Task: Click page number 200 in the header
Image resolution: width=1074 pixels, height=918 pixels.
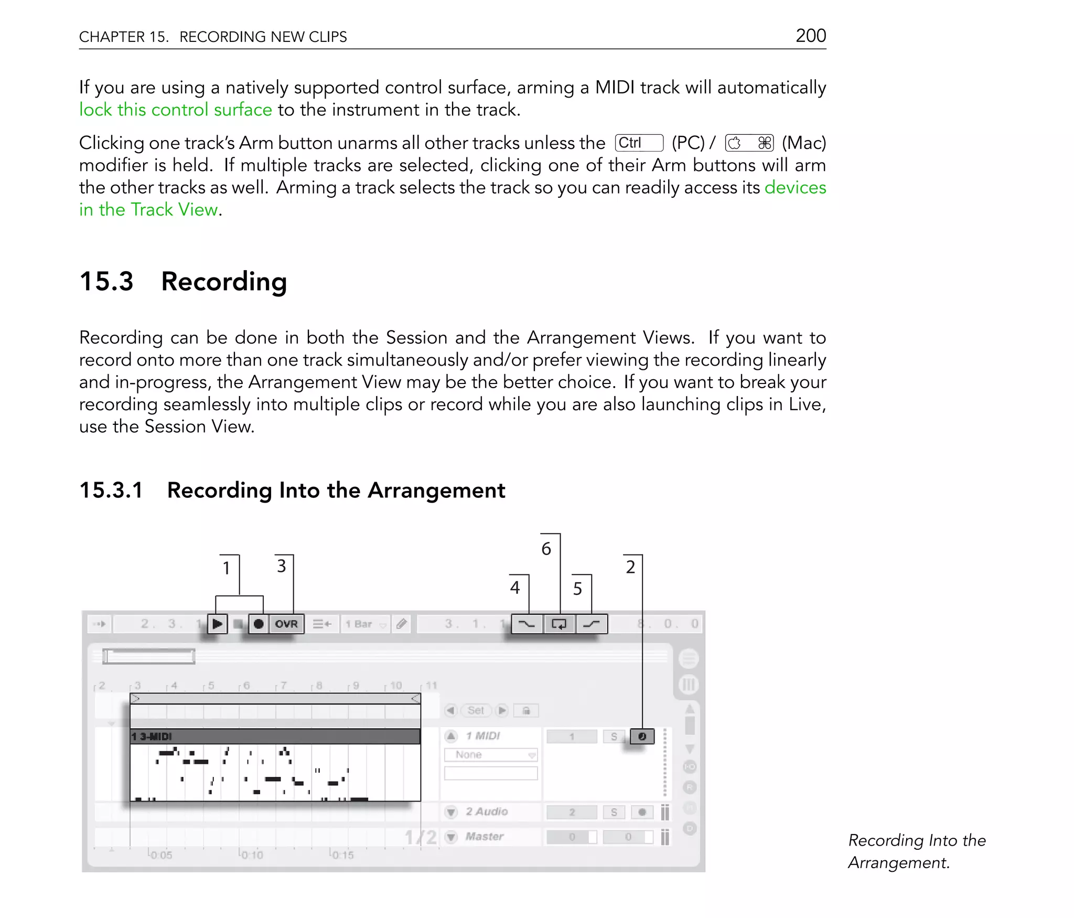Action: point(810,36)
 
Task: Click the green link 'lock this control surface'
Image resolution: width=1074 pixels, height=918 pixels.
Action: point(175,110)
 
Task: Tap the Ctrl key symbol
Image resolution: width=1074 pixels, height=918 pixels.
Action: point(639,143)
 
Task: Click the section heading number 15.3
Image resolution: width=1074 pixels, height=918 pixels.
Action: point(106,281)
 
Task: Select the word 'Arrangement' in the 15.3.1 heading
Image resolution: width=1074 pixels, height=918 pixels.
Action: point(436,490)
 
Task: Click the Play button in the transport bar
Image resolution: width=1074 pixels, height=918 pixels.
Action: point(217,624)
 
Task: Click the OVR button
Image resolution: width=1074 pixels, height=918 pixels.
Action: point(286,624)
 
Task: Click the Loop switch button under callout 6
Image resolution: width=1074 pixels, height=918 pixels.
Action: point(559,624)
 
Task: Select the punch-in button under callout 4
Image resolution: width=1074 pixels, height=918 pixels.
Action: point(527,624)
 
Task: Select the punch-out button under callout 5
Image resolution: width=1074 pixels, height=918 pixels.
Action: point(592,624)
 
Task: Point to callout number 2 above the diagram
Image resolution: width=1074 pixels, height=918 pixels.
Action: point(630,567)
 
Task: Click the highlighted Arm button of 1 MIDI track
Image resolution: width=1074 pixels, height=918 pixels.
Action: point(642,736)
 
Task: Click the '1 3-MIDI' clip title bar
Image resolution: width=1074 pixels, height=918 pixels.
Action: point(275,736)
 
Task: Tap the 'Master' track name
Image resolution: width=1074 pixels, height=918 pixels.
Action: point(484,836)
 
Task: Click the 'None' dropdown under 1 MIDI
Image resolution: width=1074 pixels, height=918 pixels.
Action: point(490,755)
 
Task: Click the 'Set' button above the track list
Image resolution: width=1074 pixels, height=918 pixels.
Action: point(476,710)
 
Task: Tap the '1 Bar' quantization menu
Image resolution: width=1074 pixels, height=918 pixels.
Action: point(365,624)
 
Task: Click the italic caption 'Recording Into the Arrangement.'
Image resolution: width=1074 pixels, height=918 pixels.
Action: point(916,851)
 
